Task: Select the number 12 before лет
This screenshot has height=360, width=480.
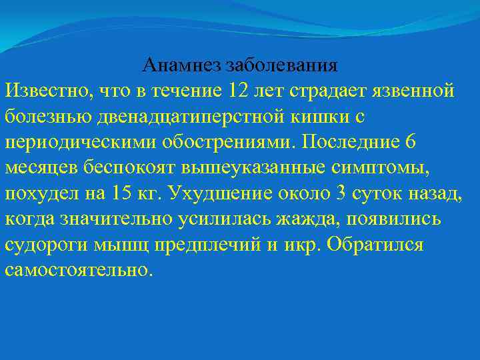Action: [x=238, y=89]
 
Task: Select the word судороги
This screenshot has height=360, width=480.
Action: [x=41, y=246]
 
